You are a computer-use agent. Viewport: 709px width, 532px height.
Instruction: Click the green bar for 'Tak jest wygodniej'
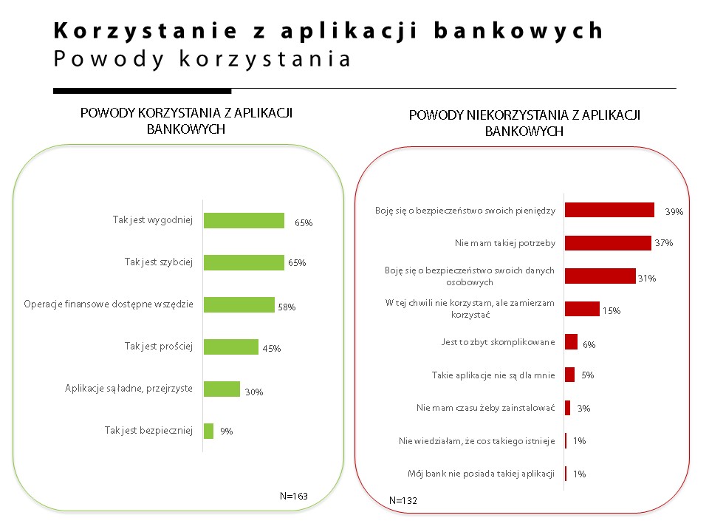tap(244, 220)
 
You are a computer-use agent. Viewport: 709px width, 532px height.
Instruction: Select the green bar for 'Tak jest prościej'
tap(230, 347)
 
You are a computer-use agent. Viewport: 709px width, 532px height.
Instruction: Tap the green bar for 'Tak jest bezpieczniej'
tap(208, 431)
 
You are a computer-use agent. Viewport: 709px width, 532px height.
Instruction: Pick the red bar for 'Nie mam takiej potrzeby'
tap(608, 242)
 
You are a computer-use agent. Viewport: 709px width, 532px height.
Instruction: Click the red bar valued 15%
tap(582, 309)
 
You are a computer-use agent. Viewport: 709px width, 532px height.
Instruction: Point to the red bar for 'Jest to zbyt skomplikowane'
tap(571, 342)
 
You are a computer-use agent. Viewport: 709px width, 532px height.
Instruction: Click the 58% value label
tap(287, 307)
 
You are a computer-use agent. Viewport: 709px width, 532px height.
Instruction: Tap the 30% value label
tap(255, 392)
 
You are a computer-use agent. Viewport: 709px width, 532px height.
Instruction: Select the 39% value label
tap(674, 212)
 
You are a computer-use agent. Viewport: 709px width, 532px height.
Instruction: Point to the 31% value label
tap(647, 279)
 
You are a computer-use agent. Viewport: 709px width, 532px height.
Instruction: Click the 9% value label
tap(227, 432)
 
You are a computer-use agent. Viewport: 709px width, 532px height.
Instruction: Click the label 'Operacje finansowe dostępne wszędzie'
tap(108, 304)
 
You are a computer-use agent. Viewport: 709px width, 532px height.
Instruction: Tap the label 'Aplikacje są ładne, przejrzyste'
tap(129, 389)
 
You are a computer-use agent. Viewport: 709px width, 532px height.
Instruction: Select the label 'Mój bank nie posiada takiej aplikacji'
tap(481, 474)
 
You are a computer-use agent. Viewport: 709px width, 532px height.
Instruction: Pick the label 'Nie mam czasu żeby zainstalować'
tap(485, 407)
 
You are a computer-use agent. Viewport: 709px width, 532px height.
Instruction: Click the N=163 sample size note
tap(294, 496)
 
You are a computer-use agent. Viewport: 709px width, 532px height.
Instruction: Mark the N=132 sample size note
tap(403, 500)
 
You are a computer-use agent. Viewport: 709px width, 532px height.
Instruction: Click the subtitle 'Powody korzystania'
tap(202, 58)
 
